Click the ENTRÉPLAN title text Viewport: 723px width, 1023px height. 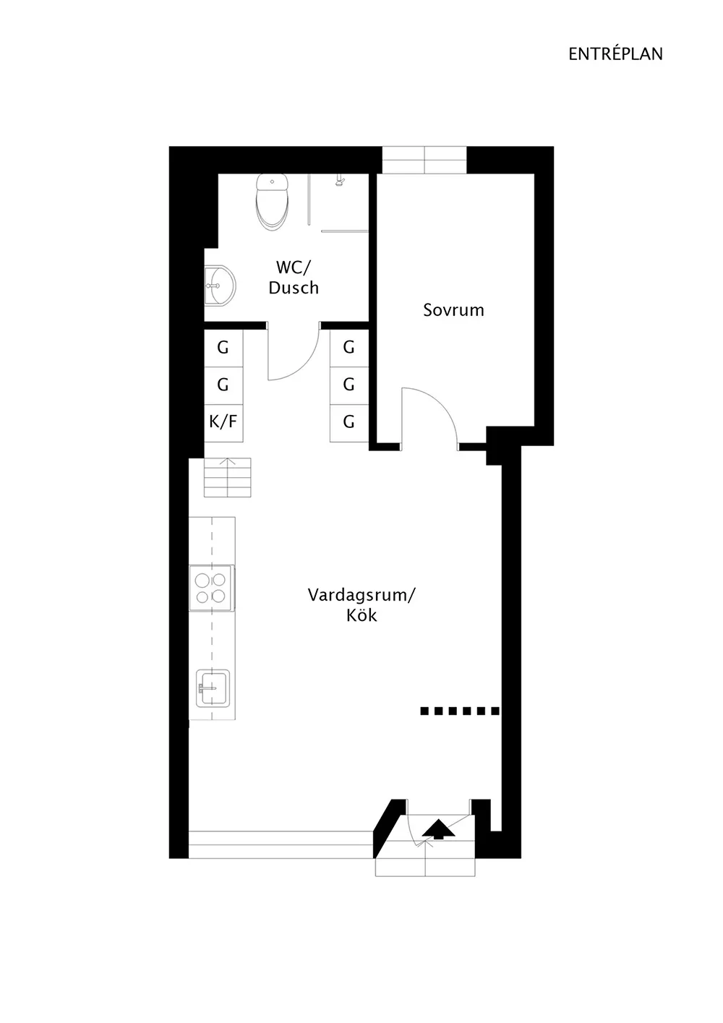[615, 54]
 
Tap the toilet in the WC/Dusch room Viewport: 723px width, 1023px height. [273, 202]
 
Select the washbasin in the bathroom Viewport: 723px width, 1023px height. [220, 285]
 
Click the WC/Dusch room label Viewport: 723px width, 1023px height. [294, 277]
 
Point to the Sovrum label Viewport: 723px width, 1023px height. [453, 310]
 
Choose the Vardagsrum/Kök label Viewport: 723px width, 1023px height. [361, 604]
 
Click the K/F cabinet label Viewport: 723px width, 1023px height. [223, 421]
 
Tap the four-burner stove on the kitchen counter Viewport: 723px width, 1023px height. [212, 588]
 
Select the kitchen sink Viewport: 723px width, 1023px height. [213, 688]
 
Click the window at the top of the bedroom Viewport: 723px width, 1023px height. [424, 160]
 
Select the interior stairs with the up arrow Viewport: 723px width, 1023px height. [228, 477]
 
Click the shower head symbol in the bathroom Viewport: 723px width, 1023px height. [339, 181]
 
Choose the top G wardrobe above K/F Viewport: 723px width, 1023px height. [223, 348]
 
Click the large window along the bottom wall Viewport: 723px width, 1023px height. [281, 844]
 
